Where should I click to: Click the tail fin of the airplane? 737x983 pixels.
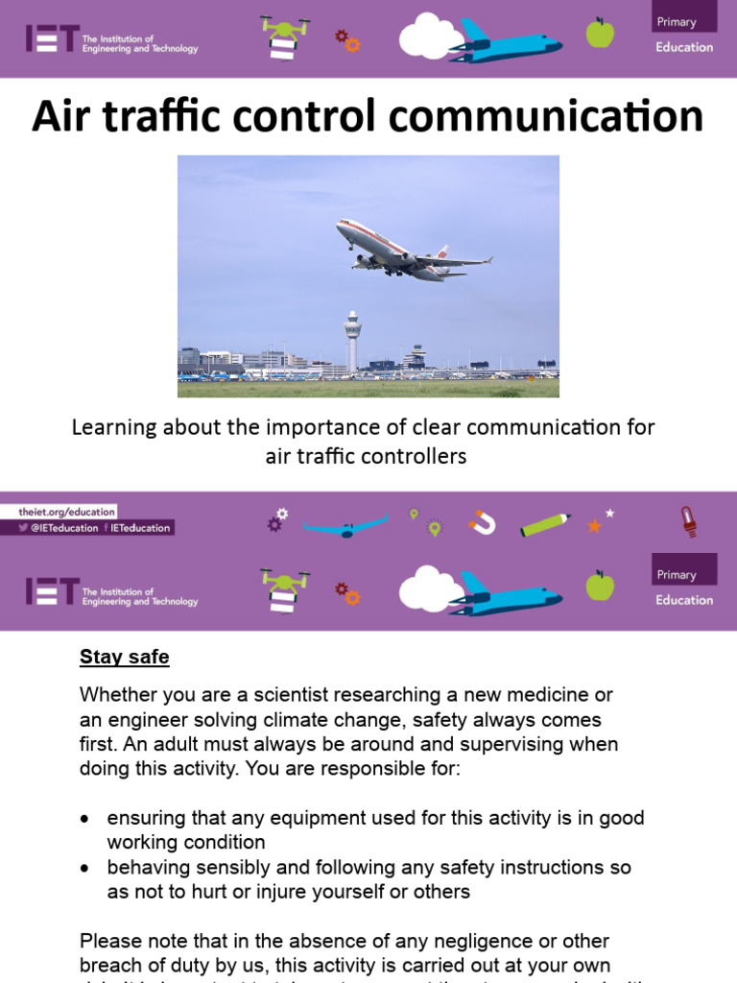[441, 256]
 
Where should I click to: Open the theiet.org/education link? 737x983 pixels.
[66, 513]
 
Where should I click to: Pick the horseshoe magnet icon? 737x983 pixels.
[483, 522]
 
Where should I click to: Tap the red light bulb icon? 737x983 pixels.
[688, 521]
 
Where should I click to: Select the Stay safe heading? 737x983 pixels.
[124, 658]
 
